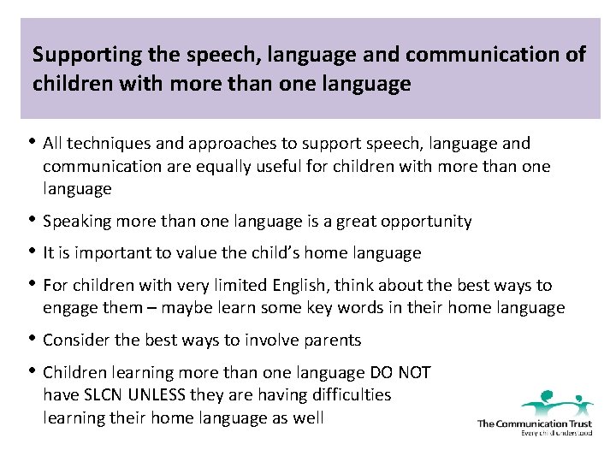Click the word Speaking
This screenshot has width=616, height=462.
pos(74,222)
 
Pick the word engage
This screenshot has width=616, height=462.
pos(69,308)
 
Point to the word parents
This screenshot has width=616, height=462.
pos(329,340)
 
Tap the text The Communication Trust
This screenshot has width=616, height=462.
pos(534,423)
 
